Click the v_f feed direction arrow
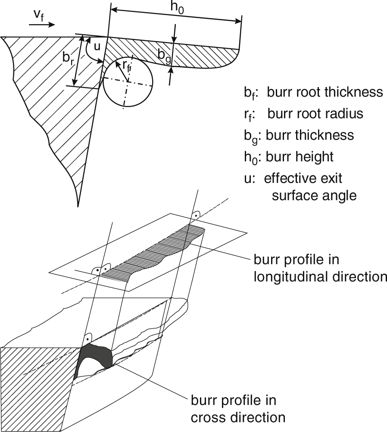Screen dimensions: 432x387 click(x=42, y=25)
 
